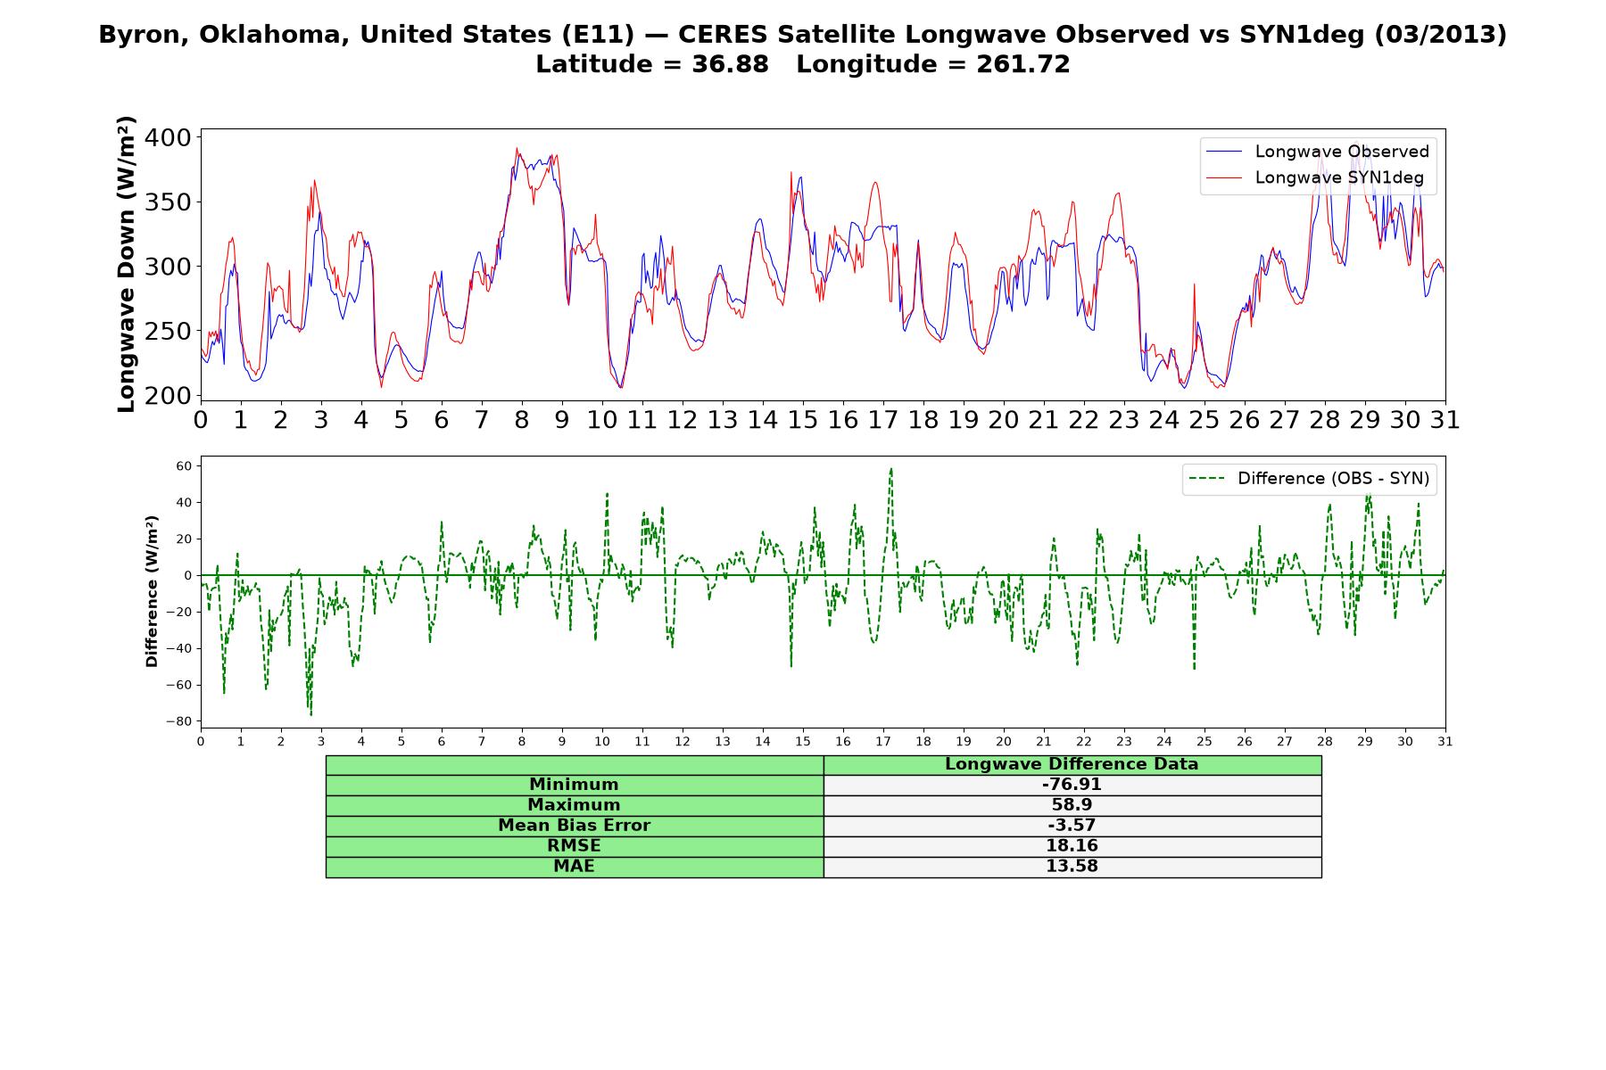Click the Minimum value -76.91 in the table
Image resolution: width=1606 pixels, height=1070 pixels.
coord(1072,785)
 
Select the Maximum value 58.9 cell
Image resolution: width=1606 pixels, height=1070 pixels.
coord(1072,805)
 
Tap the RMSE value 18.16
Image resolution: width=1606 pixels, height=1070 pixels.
coord(1072,846)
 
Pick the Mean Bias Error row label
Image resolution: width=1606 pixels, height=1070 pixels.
coord(574,826)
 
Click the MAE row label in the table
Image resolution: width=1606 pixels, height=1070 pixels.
coord(574,867)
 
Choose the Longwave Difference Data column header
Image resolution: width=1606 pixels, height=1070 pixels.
coord(1072,764)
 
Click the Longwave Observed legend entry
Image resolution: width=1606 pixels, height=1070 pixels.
coord(1318,152)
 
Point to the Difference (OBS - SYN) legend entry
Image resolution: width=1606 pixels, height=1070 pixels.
coord(1309,479)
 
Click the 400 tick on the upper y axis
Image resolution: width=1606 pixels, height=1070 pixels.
coord(168,137)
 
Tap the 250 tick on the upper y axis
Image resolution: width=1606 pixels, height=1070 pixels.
coord(168,331)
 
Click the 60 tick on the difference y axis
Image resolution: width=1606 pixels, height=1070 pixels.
coord(184,465)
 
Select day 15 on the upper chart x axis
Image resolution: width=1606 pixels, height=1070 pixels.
coord(802,419)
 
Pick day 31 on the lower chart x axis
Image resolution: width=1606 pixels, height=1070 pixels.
coord(1445,741)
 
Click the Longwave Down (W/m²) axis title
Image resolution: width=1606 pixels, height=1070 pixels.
coord(127,264)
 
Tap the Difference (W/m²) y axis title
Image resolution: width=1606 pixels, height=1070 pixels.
coord(152,591)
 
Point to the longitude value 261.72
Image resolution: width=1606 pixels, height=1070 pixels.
coord(1023,64)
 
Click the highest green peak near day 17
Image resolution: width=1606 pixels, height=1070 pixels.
coord(890,469)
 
